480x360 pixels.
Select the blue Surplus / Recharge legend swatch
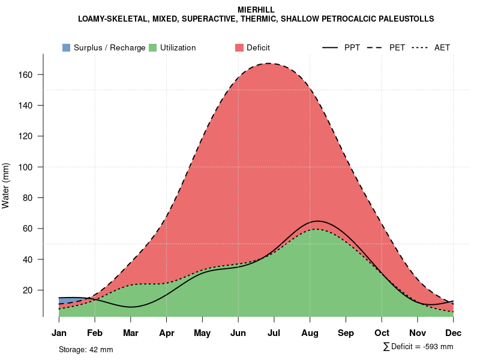pos(66,47)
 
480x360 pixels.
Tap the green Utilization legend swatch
pos(153,47)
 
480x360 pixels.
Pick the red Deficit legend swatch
pos(239,47)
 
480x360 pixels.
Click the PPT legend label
pos(352,47)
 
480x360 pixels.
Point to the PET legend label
pos(397,47)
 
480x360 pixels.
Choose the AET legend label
pos(442,47)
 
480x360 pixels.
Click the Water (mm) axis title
pos(6,185)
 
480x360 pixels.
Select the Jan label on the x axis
pos(59,333)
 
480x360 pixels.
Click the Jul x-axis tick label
pos(274,333)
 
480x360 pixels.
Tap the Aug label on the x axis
pos(310,333)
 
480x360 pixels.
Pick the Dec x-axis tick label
pos(454,333)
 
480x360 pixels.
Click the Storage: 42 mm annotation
pos(86,349)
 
